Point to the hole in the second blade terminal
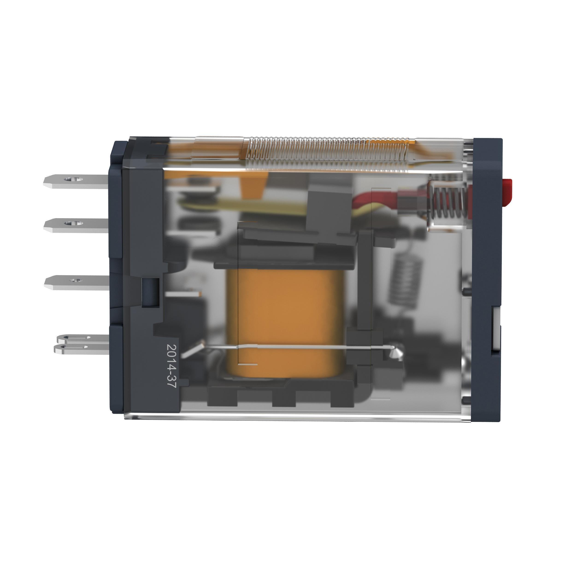(x=71, y=223)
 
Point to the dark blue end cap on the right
(x=488, y=268)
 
